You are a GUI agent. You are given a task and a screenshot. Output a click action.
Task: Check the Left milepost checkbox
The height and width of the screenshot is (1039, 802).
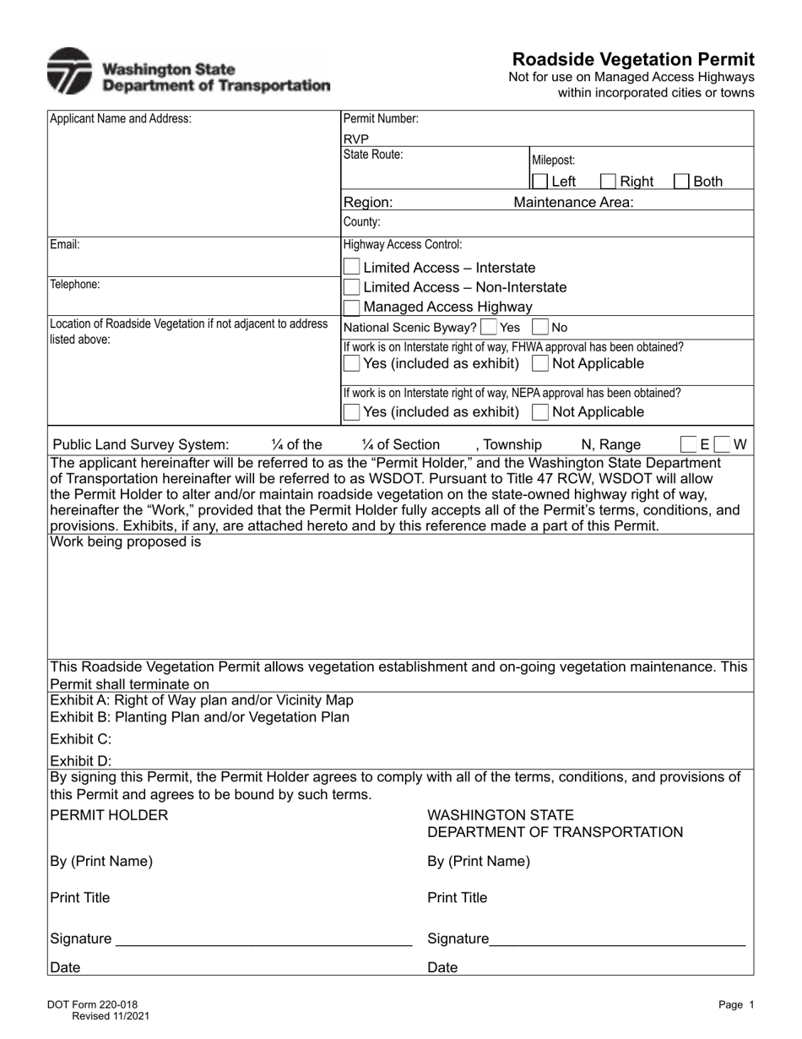coord(539,181)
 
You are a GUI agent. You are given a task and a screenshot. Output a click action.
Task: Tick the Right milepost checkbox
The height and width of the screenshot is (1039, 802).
coord(608,181)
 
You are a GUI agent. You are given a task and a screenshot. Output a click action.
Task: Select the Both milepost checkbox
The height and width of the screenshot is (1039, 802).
coord(681,181)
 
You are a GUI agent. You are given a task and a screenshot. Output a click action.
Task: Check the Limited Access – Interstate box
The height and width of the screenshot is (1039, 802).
coord(352,267)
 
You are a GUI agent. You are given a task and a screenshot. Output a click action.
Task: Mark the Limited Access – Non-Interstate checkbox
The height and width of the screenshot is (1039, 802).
coord(352,287)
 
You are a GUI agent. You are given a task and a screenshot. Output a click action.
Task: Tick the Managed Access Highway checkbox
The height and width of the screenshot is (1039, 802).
coord(352,307)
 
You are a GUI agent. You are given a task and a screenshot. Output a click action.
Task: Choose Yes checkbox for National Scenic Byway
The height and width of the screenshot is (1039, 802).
coord(488,327)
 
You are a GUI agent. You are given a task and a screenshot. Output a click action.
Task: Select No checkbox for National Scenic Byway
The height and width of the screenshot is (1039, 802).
coord(540,327)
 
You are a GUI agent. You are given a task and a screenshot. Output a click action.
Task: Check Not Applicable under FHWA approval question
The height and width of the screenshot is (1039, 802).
coord(540,363)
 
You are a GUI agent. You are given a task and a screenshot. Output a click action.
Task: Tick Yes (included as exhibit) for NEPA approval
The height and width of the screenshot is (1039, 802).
coord(352,412)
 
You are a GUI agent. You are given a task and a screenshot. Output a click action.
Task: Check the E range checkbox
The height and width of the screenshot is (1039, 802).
coord(689,444)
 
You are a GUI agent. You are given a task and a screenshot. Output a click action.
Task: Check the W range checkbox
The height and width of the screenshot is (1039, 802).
coord(722,444)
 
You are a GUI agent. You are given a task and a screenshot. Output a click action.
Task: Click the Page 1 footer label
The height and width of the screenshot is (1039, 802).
coord(731,1004)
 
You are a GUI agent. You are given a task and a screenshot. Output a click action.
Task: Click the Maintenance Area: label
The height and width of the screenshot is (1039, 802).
coord(573,202)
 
